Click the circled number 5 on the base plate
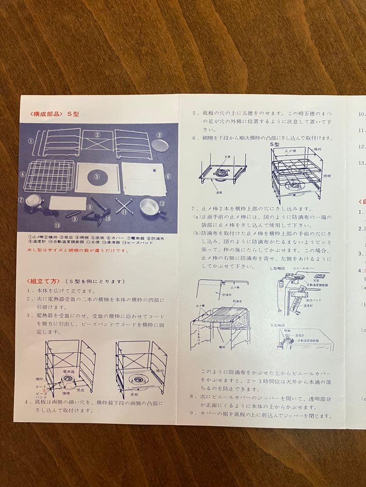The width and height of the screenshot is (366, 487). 96,177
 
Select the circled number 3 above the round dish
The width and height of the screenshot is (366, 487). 159,135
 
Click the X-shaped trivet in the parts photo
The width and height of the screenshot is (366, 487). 123,206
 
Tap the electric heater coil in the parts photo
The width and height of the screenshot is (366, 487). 33,202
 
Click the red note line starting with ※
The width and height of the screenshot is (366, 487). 77,251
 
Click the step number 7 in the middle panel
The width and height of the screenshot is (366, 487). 193,208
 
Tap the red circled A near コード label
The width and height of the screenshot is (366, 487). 43,391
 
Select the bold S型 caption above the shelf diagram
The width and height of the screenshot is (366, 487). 275,144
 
